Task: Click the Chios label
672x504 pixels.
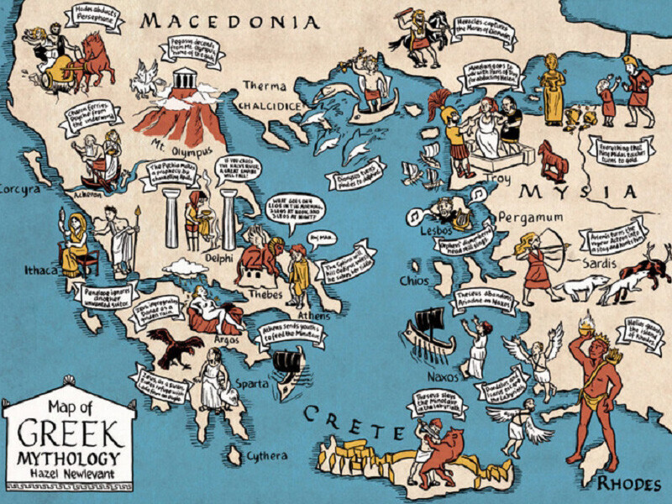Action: (415, 280)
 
